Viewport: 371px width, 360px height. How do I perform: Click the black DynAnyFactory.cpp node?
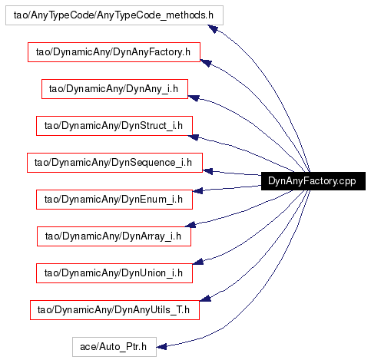(x=313, y=181)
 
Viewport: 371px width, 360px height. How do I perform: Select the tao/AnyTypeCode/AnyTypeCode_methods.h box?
(x=114, y=15)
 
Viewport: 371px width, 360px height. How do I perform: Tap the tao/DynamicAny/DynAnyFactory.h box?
(x=114, y=52)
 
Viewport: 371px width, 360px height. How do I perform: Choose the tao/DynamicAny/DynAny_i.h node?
(x=114, y=89)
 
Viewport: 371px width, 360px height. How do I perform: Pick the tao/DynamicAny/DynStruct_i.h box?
(x=114, y=126)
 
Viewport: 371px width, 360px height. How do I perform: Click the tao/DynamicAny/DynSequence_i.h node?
(x=114, y=163)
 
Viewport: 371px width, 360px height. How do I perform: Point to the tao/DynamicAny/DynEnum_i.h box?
(x=114, y=200)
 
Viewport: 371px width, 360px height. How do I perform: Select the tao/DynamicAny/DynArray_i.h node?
(x=114, y=236)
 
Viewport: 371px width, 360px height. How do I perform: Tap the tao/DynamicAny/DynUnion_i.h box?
(x=114, y=273)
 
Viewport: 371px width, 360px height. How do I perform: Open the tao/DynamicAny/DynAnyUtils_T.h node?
(x=114, y=310)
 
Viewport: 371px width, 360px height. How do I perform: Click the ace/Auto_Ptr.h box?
(x=114, y=347)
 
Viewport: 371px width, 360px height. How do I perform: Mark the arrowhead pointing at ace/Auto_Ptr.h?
(x=161, y=347)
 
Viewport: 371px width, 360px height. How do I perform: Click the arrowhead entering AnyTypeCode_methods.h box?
(x=213, y=28)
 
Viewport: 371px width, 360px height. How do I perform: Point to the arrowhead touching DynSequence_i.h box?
(x=207, y=171)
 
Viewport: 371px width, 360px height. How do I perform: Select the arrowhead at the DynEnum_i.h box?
(x=197, y=191)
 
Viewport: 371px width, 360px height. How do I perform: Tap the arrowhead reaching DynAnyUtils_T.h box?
(x=205, y=298)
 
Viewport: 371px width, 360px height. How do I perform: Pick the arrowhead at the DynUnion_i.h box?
(x=198, y=262)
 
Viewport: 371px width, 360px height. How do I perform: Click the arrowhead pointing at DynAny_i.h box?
(x=194, y=97)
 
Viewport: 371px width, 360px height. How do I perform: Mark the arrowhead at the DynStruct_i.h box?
(x=194, y=137)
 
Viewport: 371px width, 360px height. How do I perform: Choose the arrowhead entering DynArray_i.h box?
(x=190, y=225)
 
